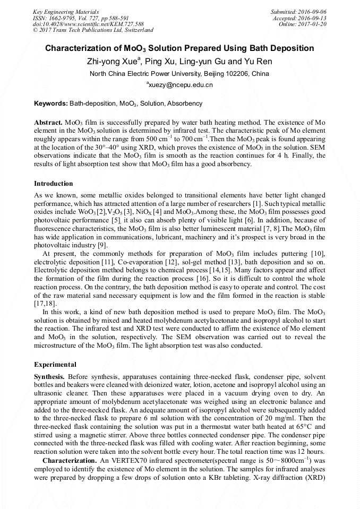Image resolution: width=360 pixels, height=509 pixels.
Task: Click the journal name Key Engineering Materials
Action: tap(65, 11)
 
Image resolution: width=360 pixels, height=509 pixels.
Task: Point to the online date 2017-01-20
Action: tap(314, 24)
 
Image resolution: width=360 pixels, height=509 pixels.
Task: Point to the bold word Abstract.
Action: tap(48, 122)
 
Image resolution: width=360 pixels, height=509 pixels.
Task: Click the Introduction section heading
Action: tap(54, 184)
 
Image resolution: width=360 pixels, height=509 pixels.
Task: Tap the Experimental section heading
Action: tap(55, 365)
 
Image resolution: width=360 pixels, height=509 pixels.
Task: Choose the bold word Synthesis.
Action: tap(49, 376)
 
